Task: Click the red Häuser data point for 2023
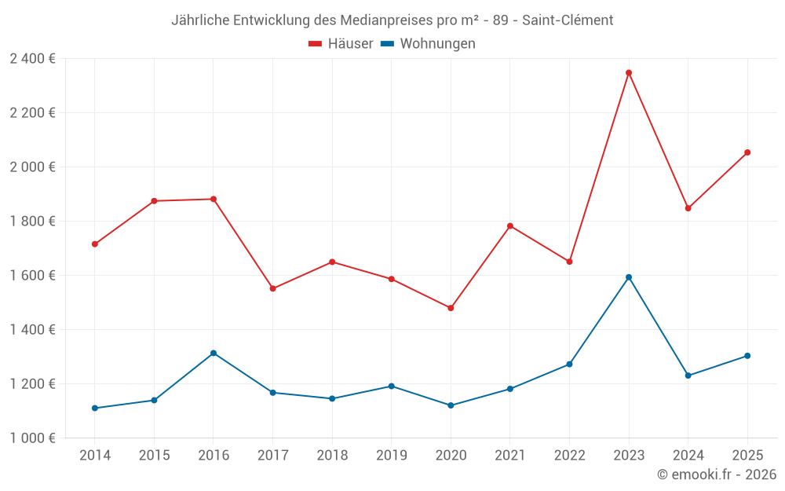tap(629, 73)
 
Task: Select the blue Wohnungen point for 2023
tap(629, 277)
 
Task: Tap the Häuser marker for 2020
tap(451, 308)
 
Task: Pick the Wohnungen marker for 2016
tap(214, 354)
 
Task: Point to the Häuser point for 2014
tap(95, 244)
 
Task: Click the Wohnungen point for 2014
tap(95, 409)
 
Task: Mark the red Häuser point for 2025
tap(747, 152)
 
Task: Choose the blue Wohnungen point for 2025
tap(747, 356)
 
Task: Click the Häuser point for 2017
tap(272, 288)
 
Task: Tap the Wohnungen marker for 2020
tap(451, 405)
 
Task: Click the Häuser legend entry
tap(341, 44)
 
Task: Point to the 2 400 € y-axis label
tap(32, 59)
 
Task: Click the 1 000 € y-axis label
tap(32, 438)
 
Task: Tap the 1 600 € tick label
tap(32, 276)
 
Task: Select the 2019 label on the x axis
tap(391, 456)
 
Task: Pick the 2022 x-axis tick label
tap(569, 456)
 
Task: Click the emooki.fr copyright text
tap(717, 475)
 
